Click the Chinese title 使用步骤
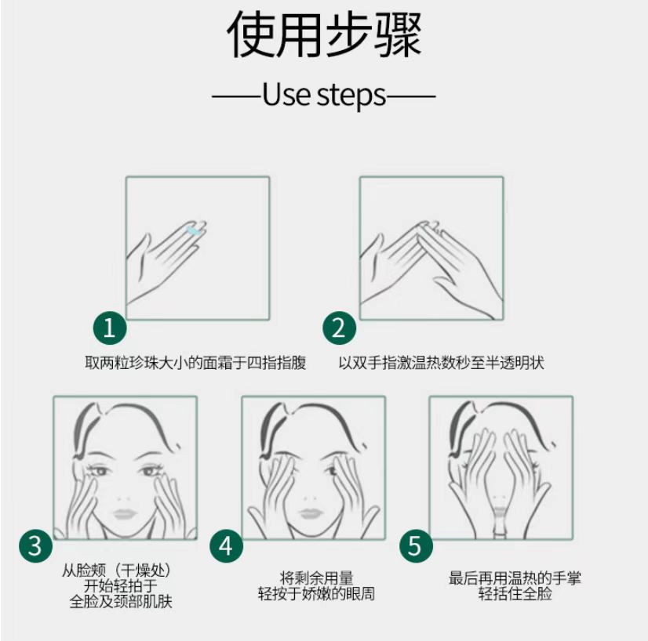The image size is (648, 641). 325,34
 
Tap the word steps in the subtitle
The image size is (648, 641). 351,96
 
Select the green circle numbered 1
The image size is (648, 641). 110,328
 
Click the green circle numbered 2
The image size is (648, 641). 339,328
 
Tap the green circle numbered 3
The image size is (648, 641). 35,546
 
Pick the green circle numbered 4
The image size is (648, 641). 226,546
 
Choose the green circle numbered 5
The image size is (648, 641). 416,546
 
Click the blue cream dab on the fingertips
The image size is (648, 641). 194,230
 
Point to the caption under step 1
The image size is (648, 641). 195,363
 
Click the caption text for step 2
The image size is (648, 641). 441,363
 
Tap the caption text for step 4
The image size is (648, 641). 316,586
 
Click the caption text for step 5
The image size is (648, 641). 515,586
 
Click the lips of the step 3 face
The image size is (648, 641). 124,514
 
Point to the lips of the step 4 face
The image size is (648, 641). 310,514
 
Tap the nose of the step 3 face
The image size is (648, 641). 124,498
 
